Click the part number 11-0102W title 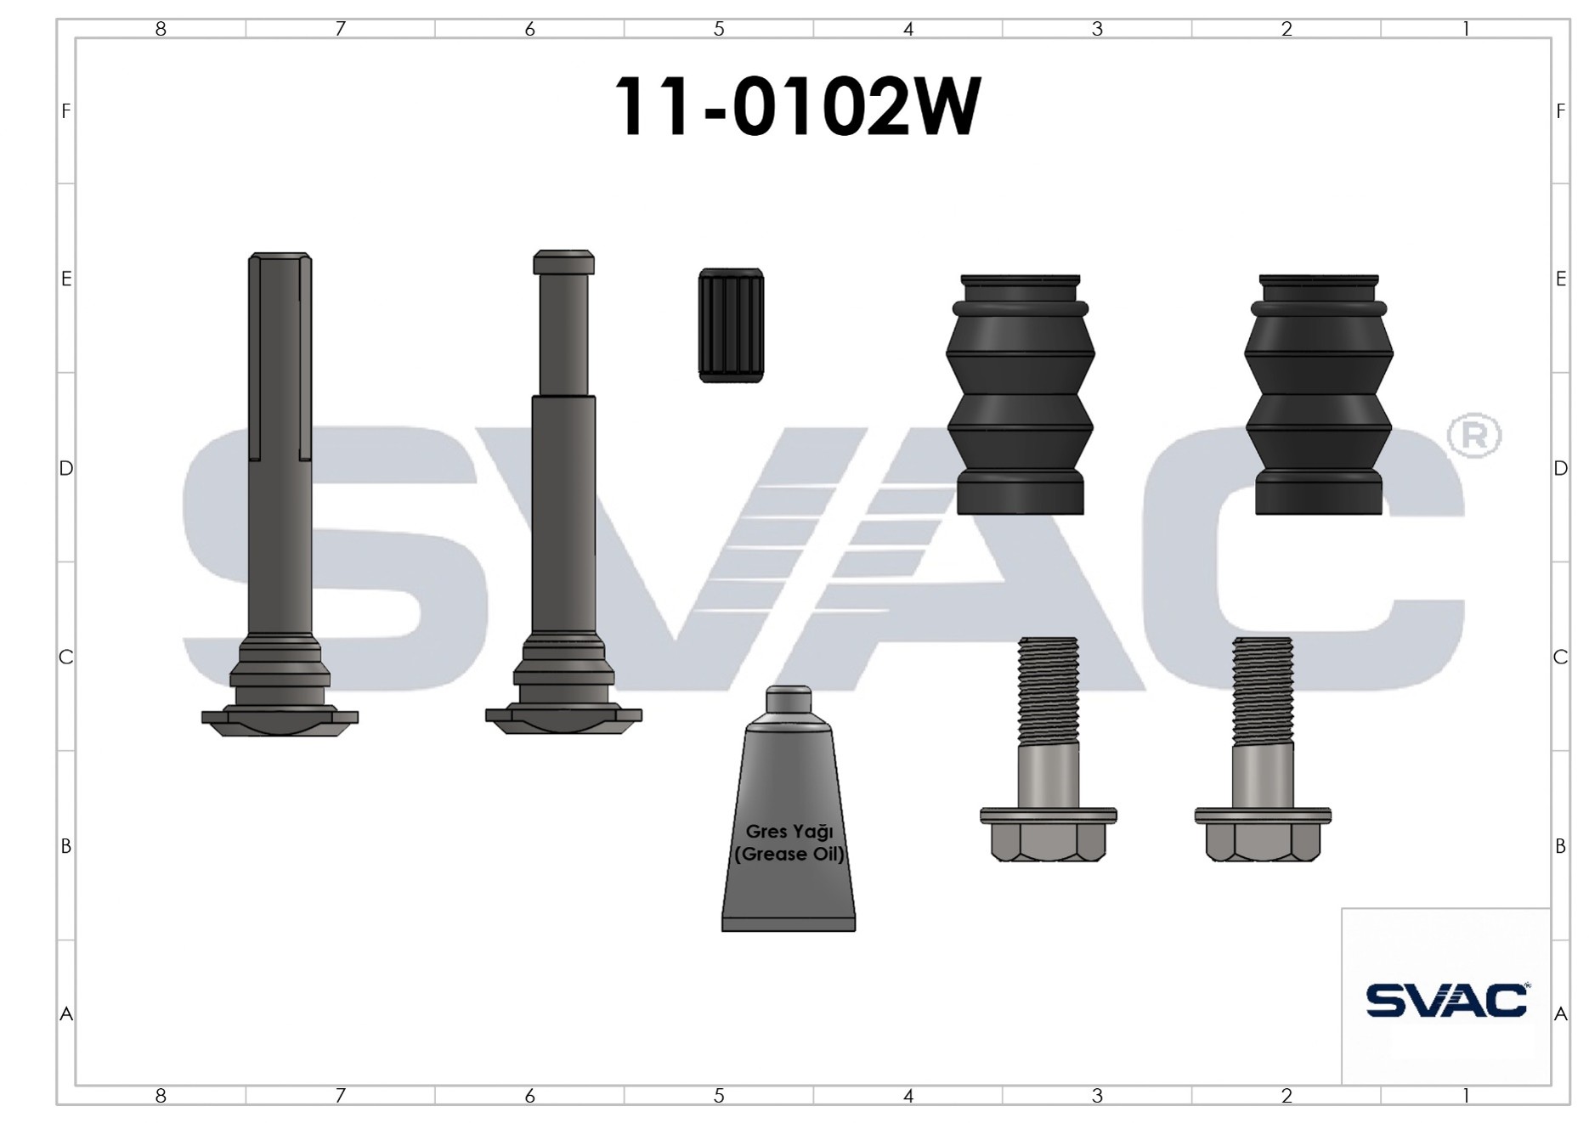(797, 107)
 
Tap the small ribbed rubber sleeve (731, 325)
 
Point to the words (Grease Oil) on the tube (789, 854)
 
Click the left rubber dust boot (1021, 394)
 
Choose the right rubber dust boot (1319, 394)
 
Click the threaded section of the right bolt (1263, 690)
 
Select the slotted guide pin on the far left (280, 494)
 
